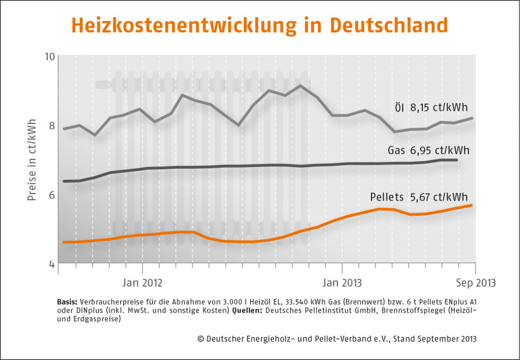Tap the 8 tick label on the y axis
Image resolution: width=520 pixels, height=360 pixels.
[51, 125]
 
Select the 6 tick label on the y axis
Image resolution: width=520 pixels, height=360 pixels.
[51, 195]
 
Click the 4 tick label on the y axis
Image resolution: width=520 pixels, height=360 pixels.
[51, 264]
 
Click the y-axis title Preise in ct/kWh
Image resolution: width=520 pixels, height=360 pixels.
[32, 160]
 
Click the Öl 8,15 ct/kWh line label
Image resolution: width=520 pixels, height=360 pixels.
[431, 107]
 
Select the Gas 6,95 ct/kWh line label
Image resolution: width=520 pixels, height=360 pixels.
[428, 151]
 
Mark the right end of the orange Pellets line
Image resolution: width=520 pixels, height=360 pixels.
[473, 205]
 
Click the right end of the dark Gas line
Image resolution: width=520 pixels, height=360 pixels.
[458, 160]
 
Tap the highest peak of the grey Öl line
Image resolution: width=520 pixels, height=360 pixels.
[300, 86]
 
